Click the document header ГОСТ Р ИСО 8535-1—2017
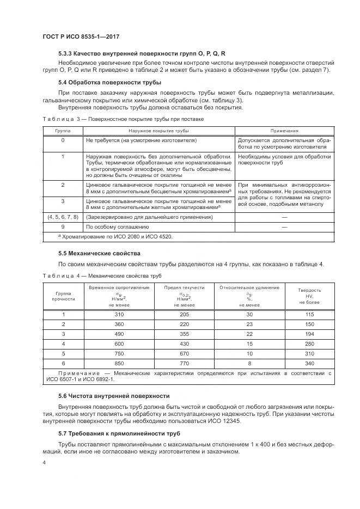81,36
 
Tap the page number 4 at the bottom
45,463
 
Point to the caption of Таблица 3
123,118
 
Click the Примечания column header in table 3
284,131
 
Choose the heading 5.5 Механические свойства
99,253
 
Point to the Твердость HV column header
310,296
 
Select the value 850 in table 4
119,363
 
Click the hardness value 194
310,334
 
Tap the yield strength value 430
185,344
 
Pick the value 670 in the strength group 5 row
185,353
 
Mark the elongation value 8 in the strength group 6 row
250,363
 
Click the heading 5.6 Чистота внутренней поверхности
114,396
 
